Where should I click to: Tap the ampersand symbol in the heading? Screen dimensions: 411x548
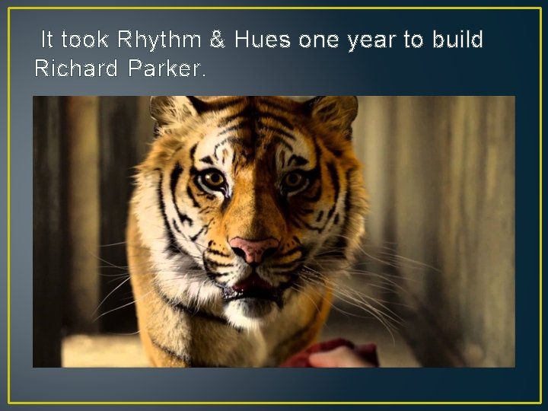(x=217, y=40)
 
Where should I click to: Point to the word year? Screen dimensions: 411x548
(x=371, y=41)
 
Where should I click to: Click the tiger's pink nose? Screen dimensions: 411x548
(x=254, y=248)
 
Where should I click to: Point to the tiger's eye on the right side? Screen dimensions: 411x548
(x=293, y=181)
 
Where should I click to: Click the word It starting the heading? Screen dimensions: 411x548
(x=47, y=40)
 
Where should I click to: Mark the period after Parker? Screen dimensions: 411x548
(x=203, y=75)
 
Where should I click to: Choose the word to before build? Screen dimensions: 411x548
(x=413, y=40)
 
